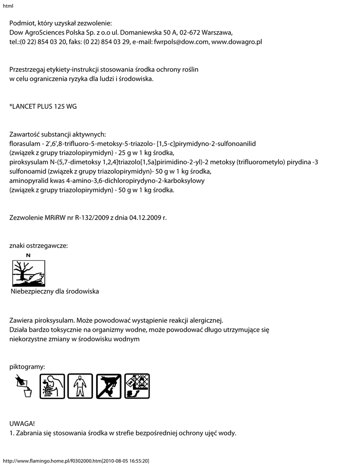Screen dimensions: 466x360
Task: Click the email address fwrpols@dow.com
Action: pyautogui.click(x=182, y=42)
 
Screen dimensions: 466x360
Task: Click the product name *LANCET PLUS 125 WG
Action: pyautogui.click(x=43, y=107)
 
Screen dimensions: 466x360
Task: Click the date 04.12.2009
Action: pyautogui.click(x=145, y=218)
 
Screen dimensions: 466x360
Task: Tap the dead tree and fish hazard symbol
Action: pyautogui.click(x=29, y=273)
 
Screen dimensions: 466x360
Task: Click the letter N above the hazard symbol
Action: pyautogui.click(x=29, y=256)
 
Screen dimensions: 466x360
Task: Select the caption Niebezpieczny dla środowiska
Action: pyautogui.click(x=55, y=291)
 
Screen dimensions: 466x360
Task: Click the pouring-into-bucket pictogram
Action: pyautogui.click(x=23, y=386)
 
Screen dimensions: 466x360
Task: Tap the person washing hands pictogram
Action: pyautogui.click(x=52, y=386)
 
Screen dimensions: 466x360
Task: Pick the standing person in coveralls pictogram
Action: pyautogui.click(x=80, y=386)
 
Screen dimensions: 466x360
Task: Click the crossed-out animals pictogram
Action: pyautogui.click(x=109, y=386)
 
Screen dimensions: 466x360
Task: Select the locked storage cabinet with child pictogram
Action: pyautogui.click(x=137, y=386)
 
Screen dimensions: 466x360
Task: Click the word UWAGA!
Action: pyautogui.click(x=22, y=424)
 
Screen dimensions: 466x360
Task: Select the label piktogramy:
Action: pyautogui.click(x=27, y=366)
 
